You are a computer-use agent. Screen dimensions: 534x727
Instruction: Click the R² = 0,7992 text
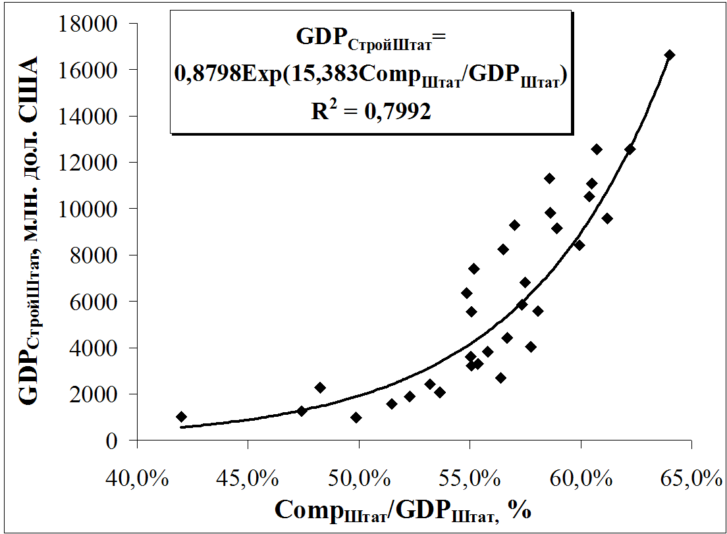point(371,111)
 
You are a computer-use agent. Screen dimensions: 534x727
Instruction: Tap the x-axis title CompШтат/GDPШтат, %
point(403,510)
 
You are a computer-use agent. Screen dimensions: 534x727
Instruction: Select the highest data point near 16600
point(669,55)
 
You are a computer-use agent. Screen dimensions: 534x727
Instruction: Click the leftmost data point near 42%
point(181,416)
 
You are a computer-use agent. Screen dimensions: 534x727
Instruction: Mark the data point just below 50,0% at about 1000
point(356,417)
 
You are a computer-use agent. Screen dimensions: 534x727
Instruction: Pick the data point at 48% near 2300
point(320,388)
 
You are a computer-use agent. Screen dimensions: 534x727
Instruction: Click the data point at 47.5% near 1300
point(302,411)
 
